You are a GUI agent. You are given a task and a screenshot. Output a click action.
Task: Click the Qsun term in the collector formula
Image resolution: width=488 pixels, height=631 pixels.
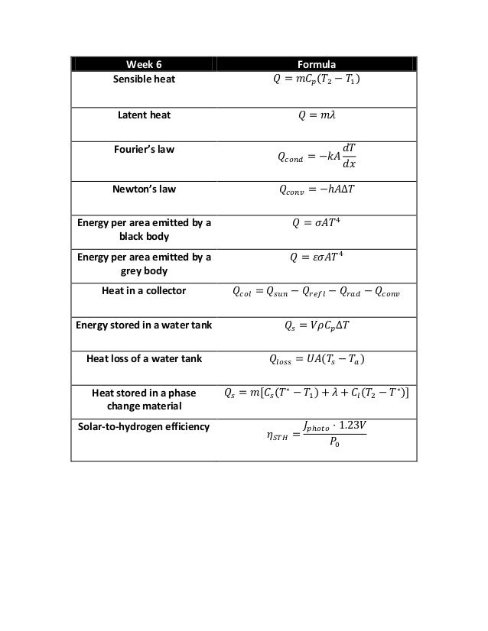click(281, 292)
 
